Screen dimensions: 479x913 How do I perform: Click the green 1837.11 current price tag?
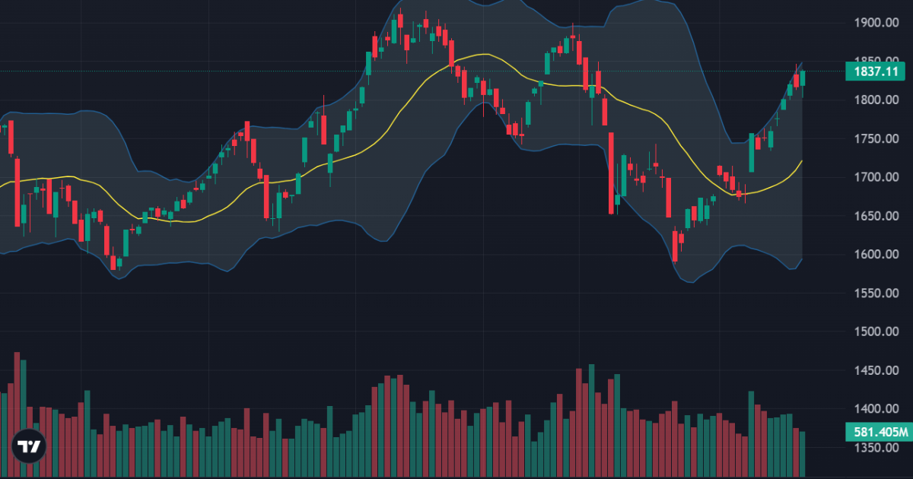[x=876, y=71]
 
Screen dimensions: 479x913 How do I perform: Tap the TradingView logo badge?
[x=30, y=446]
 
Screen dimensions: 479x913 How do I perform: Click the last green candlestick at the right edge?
[x=802, y=78]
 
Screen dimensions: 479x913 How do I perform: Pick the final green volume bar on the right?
[x=802, y=453]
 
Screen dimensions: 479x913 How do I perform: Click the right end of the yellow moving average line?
[x=802, y=161]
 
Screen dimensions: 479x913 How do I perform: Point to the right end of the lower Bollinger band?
[x=802, y=259]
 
